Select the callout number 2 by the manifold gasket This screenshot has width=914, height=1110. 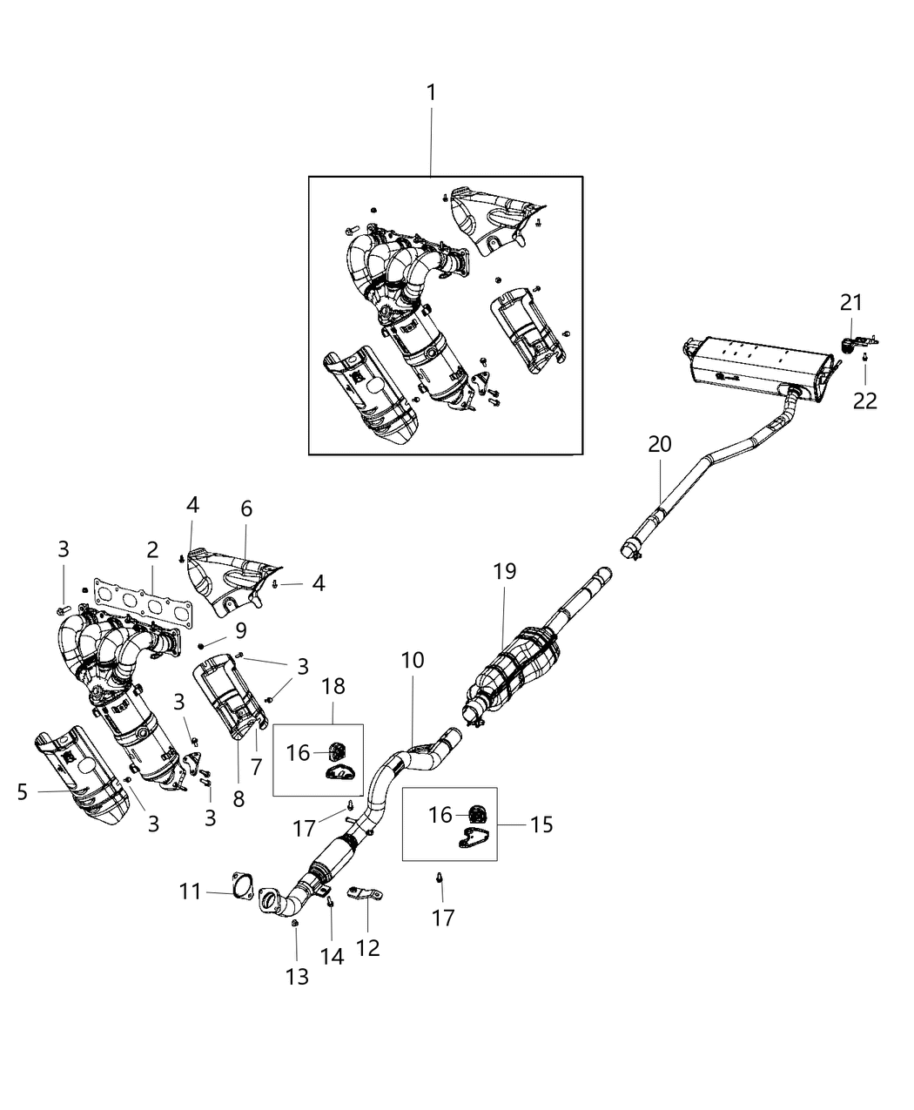(x=152, y=549)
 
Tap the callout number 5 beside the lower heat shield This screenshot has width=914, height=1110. (x=23, y=791)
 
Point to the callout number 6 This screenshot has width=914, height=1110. (x=246, y=508)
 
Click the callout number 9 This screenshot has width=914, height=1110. (x=240, y=629)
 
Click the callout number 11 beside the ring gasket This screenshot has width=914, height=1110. (x=191, y=891)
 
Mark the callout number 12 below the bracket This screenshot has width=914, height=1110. (x=368, y=946)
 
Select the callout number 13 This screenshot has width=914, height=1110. (x=297, y=977)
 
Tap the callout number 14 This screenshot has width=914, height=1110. (x=332, y=956)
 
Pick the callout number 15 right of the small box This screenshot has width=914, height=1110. (x=541, y=824)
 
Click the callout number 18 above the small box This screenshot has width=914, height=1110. (x=333, y=686)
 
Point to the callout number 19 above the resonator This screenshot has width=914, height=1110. (x=504, y=572)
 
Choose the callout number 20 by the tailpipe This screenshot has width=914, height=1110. (x=659, y=444)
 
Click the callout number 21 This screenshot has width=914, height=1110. (x=850, y=302)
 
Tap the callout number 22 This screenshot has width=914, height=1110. (x=865, y=401)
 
